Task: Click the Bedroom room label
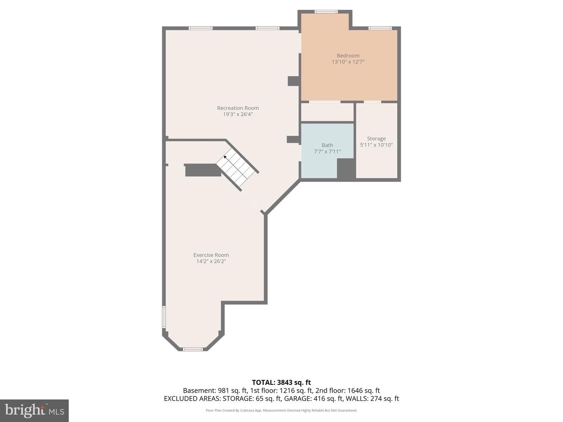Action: [348, 55]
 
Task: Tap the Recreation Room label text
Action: [238, 108]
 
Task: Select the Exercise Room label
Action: [211, 255]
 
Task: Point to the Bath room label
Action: [327, 145]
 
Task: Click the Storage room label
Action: [376, 139]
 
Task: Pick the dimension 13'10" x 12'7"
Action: [348, 62]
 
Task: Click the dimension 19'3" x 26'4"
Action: [238, 114]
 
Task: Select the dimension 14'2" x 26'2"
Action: [211, 261]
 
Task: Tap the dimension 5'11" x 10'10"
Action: [376, 145]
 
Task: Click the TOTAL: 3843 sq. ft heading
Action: [281, 383]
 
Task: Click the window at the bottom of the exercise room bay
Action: [193, 349]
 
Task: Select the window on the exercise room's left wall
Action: [164, 317]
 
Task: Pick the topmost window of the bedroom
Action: [326, 12]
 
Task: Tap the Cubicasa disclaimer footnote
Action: [281, 410]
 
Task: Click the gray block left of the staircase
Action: [203, 170]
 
